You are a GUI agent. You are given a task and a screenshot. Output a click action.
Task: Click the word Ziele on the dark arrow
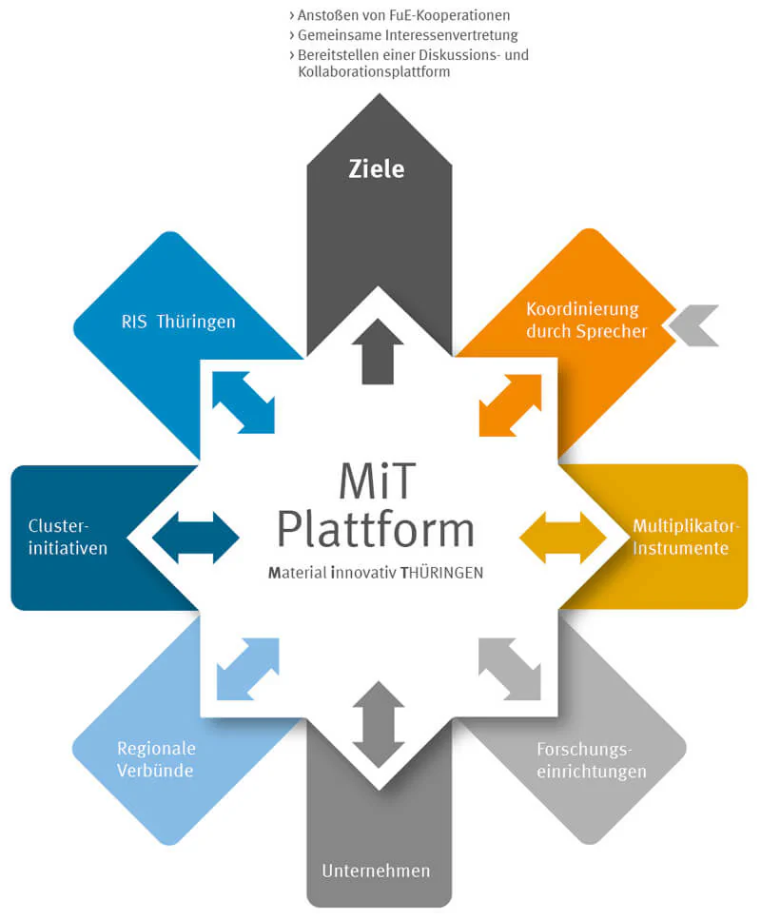click(x=377, y=169)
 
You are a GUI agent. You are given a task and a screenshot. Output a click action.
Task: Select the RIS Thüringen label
click(x=178, y=322)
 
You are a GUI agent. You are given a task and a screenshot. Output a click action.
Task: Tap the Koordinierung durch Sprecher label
click(x=586, y=321)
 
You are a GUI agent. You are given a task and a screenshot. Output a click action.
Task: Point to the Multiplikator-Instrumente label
click(x=685, y=538)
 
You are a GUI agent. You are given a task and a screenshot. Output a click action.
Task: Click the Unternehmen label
click(x=376, y=871)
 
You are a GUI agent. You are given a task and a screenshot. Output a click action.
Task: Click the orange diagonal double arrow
click(x=510, y=404)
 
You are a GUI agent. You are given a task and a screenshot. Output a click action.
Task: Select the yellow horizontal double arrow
click(x=562, y=539)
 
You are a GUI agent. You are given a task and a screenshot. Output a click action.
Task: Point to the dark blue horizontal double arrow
click(x=196, y=539)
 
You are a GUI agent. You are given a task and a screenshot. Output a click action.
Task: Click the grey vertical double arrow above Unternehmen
click(x=378, y=723)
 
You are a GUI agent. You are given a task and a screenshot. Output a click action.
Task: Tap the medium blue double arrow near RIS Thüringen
click(x=244, y=402)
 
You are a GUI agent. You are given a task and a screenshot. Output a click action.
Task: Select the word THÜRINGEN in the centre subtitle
click(x=441, y=574)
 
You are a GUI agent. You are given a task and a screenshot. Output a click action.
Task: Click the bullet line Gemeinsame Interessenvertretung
click(x=407, y=35)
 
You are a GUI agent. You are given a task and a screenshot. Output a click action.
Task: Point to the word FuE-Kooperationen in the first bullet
click(x=453, y=15)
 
